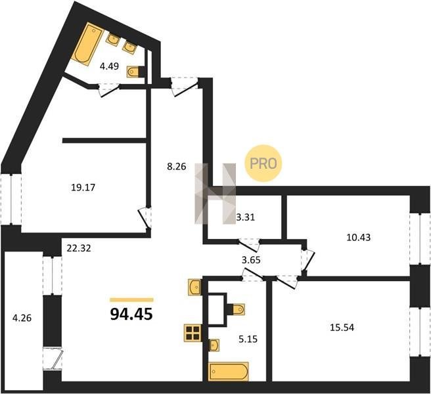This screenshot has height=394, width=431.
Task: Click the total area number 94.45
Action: [x=131, y=314]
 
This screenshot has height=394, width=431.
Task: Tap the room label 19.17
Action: [x=83, y=188]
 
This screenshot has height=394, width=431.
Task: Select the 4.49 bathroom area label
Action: [x=109, y=66]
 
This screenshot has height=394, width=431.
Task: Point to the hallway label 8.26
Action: [x=177, y=167]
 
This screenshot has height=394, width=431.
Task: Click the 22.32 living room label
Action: [x=79, y=248]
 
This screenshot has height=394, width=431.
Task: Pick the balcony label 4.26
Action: [x=22, y=318]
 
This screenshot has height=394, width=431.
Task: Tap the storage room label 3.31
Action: [x=246, y=217]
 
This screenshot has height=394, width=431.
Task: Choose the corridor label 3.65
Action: [x=251, y=260]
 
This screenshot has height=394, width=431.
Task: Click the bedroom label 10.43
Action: [x=359, y=238]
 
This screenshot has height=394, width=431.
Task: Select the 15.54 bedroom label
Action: [x=342, y=328]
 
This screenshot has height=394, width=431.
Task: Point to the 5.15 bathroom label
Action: [x=248, y=339]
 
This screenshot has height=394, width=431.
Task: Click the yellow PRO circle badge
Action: [x=263, y=164]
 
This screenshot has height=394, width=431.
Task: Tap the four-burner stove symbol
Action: [x=193, y=333]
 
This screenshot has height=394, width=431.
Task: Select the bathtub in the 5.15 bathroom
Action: [x=229, y=372]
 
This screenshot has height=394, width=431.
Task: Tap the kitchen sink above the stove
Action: [x=194, y=287]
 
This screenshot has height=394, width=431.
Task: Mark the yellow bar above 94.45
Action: [x=131, y=299]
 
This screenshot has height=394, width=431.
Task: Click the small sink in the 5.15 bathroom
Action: [x=214, y=345]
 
